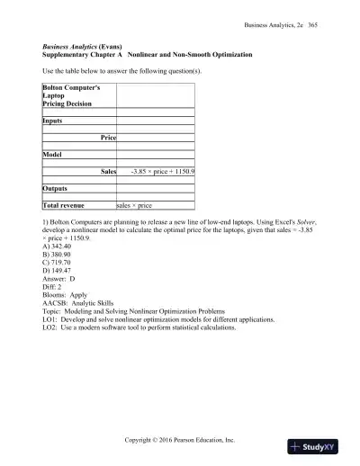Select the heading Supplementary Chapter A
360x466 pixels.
[x=84, y=55]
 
